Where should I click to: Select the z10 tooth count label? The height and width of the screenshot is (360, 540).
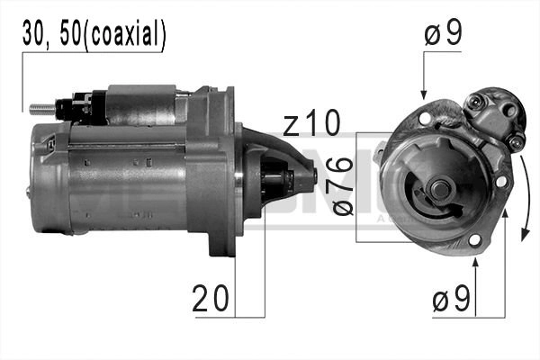tap(310, 124)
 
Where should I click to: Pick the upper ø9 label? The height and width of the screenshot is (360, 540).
tap(443, 35)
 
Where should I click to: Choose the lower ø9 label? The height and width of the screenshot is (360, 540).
tap(451, 301)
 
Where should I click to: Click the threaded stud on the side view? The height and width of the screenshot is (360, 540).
tap(40, 109)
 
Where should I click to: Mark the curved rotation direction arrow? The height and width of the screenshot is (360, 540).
tap(522, 193)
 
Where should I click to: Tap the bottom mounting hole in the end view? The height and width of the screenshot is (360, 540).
tap(475, 239)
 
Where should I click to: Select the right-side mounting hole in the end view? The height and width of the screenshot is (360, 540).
tap(501, 180)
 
